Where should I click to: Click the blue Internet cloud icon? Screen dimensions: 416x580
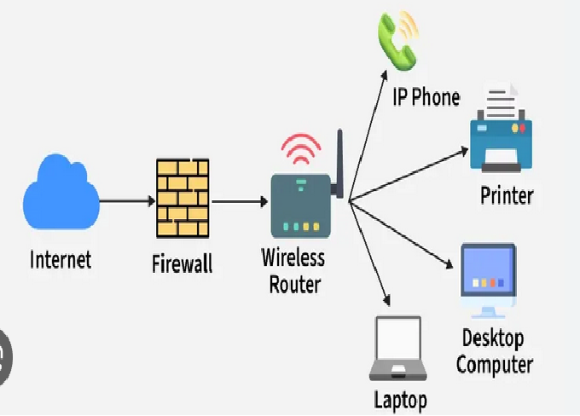tap(61, 199)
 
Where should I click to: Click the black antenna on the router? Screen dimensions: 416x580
tap(339, 165)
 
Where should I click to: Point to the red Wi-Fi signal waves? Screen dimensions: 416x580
tap(300, 150)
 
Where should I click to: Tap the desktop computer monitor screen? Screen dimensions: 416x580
tap(487, 270)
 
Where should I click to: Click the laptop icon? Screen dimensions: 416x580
tap(397, 350)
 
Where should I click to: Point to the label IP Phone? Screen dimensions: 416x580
tap(425, 97)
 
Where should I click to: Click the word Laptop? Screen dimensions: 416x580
tap(400, 399)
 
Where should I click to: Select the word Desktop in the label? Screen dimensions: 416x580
tap(492, 338)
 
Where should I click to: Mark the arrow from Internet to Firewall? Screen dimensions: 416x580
tap(125, 201)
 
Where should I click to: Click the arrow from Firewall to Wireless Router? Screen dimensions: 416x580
tap(239, 202)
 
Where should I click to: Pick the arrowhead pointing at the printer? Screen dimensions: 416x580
tap(463, 151)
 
